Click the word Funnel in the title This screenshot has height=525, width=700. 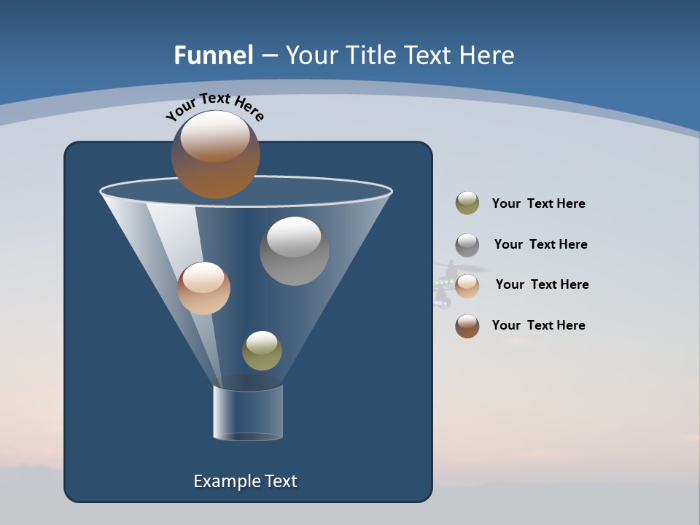tap(214, 55)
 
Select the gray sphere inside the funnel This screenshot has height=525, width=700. tap(294, 252)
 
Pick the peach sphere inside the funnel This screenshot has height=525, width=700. tap(203, 289)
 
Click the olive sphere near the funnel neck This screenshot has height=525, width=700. tap(262, 351)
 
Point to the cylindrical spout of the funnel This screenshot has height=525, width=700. tap(247, 413)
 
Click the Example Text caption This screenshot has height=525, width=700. tap(245, 481)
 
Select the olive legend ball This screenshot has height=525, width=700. tap(467, 203)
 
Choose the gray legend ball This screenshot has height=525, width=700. tap(467, 244)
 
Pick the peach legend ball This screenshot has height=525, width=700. tap(467, 285)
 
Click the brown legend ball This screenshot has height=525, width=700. tap(467, 326)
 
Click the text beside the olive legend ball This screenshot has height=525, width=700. tap(538, 203)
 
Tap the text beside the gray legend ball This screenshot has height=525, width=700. tap(540, 244)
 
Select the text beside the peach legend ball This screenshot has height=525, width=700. tap(542, 284)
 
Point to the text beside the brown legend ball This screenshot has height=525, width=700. tap(538, 325)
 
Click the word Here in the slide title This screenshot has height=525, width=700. tap(488, 55)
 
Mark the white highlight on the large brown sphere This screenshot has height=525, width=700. tap(214, 135)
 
